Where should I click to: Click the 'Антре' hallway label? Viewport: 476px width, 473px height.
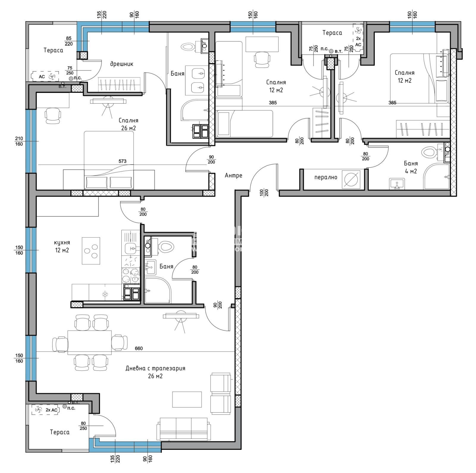click(233, 176)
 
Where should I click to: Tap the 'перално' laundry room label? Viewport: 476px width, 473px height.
click(326, 177)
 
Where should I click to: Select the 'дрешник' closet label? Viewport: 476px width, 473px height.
click(122, 64)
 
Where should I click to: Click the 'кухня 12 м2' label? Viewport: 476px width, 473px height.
click(62, 247)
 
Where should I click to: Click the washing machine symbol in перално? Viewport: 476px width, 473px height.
click(351, 179)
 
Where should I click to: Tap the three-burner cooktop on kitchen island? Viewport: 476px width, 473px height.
click(91, 251)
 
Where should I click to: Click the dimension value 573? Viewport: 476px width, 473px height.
click(122, 161)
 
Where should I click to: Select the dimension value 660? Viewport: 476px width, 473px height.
click(139, 348)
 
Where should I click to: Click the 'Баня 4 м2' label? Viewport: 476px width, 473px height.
click(411, 167)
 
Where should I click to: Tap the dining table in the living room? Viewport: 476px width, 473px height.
click(90, 342)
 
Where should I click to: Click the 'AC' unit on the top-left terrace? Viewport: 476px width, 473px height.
click(46, 77)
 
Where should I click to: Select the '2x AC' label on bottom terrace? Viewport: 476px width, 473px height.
click(51, 410)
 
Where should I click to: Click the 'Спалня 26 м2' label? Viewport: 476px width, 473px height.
click(128, 124)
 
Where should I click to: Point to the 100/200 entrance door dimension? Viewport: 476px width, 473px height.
click(264, 192)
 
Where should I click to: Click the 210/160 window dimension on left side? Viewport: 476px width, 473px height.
click(19, 141)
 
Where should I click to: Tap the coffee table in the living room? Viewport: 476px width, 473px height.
click(187, 399)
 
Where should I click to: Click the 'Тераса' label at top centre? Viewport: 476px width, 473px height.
click(332, 33)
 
